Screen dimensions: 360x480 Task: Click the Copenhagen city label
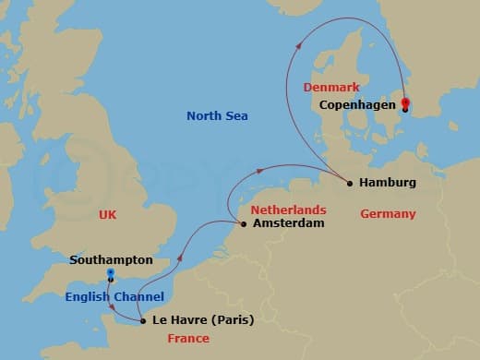356,105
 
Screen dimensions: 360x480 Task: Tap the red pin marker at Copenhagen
406,103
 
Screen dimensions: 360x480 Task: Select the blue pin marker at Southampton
110,274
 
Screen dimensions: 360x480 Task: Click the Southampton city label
111,260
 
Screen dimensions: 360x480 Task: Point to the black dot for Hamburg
350,183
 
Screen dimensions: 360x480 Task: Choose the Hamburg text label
389,183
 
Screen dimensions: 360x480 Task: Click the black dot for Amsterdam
244,223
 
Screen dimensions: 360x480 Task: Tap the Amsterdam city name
288,223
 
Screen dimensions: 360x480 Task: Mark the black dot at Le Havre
142,321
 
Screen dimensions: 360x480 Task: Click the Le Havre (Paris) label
203,321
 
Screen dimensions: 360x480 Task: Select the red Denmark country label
330,87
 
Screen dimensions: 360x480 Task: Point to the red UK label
107,214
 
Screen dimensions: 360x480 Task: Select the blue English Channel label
114,296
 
